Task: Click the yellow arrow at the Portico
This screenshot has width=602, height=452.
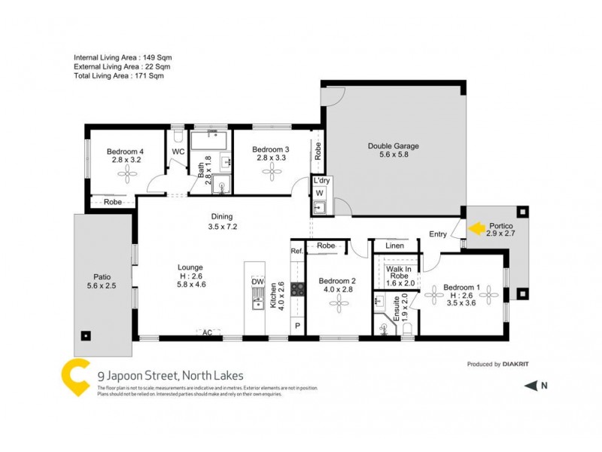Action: (x=476, y=225)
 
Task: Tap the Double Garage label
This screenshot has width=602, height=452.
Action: (x=393, y=146)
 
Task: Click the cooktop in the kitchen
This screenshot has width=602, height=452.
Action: (x=296, y=289)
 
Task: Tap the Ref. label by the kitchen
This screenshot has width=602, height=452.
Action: (x=296, y=251)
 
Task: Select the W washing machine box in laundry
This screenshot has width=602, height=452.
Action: (x=319, y=193)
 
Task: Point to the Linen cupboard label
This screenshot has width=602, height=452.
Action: (x=394, y=246)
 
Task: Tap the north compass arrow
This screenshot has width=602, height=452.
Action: (x=531, y=386)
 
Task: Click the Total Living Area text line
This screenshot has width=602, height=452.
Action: (x=118, y=75)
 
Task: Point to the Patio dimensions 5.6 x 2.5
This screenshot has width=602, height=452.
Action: (x=103, y=286)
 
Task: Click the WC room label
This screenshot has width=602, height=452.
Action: (x=178, y=152)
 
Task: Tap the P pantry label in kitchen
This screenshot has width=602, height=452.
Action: (x=296, y=325)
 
